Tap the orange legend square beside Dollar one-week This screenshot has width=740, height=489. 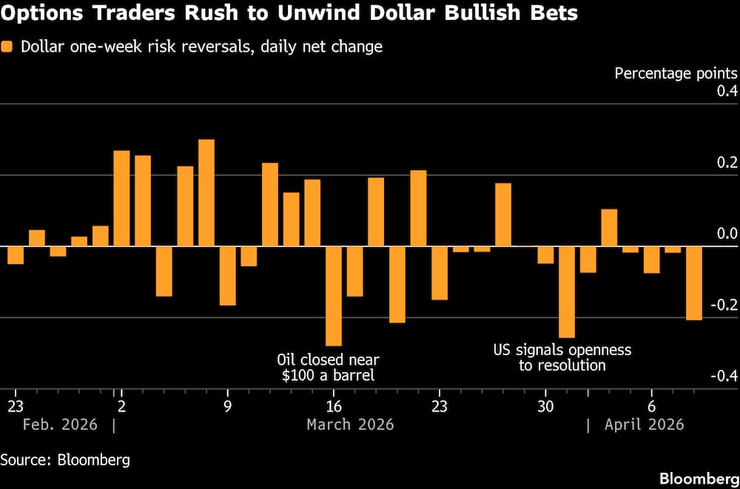pyautogui.click(x=8, y=47)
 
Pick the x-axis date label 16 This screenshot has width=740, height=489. pyautogui.click(x=334, y=406)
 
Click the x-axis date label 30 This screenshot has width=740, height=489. pyautogui.click(x=545, y=406)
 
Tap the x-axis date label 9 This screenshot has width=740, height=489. pyautogui.click(x=227, y=406)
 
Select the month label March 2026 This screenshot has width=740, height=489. pyautogui.click(x=350, y=425)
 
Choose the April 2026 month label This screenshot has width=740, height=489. pyautogui.click(x=644, y=425)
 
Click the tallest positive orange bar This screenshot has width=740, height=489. pyautogui.click(x=206, y=192)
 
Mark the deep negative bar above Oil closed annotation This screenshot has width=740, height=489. pyautogui.click(x=334, y=296)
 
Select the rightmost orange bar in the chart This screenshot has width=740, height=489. pyautogui.click(x=693, y=283)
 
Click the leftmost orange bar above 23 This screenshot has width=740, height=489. pyautogui.click(x=16, y=255)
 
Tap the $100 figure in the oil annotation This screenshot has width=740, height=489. pyautogui.click(x=300, y=375)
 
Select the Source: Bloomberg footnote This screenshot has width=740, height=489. pyautogui.click(x=65, y=459)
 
